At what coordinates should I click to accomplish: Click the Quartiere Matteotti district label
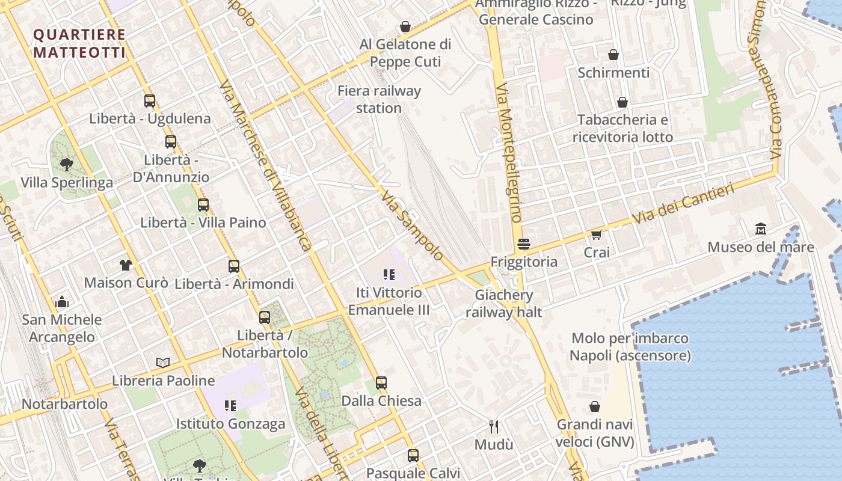79,43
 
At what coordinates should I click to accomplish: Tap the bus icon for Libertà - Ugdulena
150,101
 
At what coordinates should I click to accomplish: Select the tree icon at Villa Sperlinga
66,164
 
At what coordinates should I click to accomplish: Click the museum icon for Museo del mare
761,229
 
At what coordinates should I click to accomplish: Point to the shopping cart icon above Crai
596,234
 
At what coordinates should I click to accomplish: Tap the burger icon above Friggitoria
524,244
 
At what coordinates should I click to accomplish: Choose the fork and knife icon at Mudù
494,427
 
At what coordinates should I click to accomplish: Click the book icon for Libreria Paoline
163,363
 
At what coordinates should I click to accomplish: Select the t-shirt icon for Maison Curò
125,265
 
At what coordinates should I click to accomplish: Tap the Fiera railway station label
379,99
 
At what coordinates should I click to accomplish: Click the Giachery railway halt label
503,303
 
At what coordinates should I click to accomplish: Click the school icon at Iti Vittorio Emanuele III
389,275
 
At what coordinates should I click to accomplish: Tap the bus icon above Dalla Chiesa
381,382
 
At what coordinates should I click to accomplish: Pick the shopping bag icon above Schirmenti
613,55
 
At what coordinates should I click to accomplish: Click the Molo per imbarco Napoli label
630,347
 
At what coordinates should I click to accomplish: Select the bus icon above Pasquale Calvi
413,455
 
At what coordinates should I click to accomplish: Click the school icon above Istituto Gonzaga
230,406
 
